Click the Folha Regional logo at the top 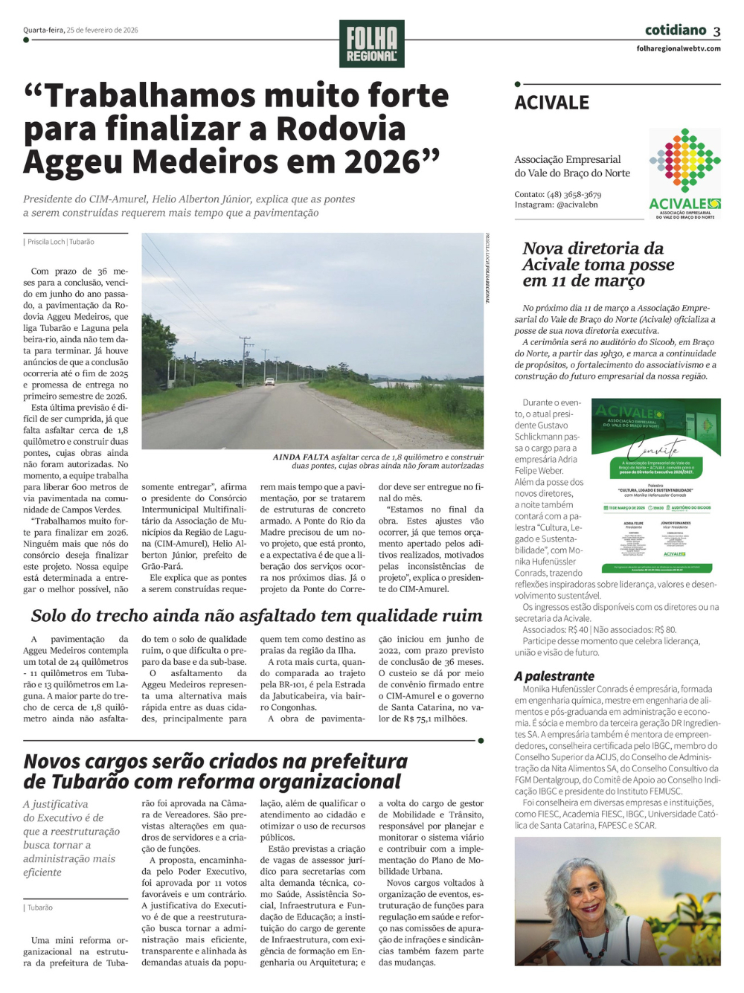tap(371, 44)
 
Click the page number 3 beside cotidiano tap(716, 31)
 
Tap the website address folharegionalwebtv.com tap(679, 48)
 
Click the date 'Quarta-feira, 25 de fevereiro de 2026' tap(80, 30)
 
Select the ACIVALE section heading tap(551, 103)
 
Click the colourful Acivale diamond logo tap(684, 161)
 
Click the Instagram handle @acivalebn tap(577, 205)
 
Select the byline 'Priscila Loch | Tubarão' tap(61, 242)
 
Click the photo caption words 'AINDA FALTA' tap(301, 457)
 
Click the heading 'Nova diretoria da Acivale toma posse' tap(598, 264)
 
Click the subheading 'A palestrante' tap(554, 676)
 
